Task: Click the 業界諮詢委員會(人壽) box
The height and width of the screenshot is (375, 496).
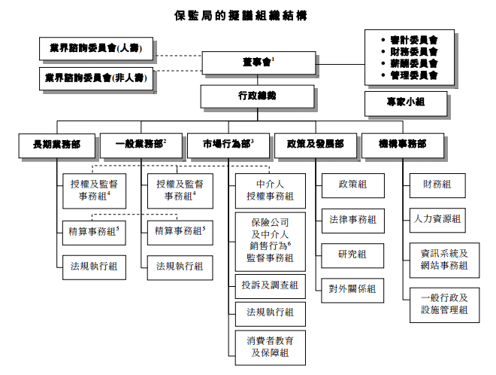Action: pos(98,50)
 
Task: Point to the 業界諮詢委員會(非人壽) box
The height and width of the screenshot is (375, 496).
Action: pos(98,78)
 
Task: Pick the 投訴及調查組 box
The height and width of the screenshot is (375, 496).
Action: pos(271,284)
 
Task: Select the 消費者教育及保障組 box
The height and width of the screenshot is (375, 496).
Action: pos(271,346)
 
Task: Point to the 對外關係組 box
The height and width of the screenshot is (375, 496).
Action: pos(352,288)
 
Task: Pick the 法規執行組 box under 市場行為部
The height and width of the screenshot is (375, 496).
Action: pos(271,312)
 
